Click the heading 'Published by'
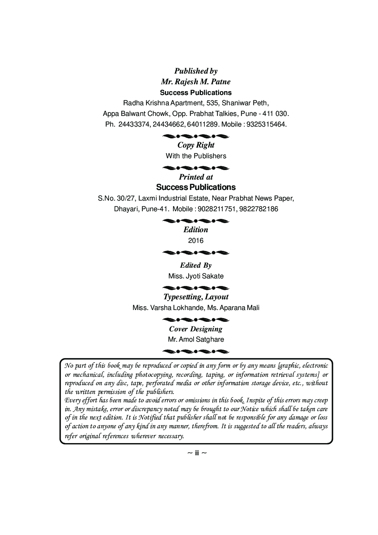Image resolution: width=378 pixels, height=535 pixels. pyautogui.click(x=196, y=71)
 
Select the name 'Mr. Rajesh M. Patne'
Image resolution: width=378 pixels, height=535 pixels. pyautogui.click(x=196, y=82)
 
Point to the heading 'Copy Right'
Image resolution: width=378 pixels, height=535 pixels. pyautogui.click(x=196, y=145)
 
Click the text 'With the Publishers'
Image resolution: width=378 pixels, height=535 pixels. pyautogui.click(x=196, y=156)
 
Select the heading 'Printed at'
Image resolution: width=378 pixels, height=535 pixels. pyautogui.click(x=196, y=177)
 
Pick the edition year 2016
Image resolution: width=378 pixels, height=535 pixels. pyautogui.click(x=196, y=241)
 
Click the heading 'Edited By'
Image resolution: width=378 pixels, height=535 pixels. pyautogui.click(x=196, y=265)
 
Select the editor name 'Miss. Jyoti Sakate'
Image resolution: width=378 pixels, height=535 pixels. pyautogui.click(x=196, y=276)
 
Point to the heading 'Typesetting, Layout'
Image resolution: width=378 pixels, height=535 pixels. pyautogui.click(x=196, y=297)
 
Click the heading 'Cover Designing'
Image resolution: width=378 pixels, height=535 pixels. pyautogui.click(x=196, y=329)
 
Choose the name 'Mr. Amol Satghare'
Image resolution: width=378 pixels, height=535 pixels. pyautogui.click(x=196, y=339)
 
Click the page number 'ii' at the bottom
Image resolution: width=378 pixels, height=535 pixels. pyautogui.click(x=197, y=453)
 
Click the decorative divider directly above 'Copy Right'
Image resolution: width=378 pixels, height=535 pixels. pyautogui.click(x=196, y=136)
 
